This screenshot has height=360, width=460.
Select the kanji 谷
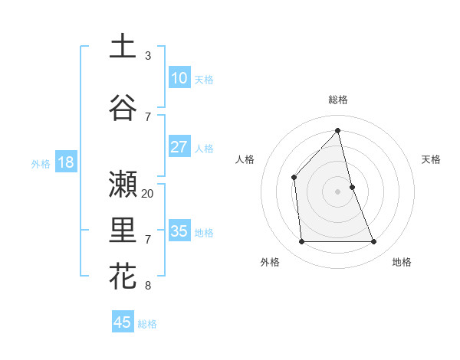pyautogui.click(x=123, y=108)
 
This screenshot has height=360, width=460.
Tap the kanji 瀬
pyautogui.click(x=123, y=185)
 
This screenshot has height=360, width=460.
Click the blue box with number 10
pyautogui.click(x=179, y=77)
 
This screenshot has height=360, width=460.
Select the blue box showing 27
pyautogui.click(x=179, y=147)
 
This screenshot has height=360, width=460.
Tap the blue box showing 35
pyautogui.click(x=179, y=231)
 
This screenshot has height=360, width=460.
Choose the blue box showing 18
pyautogui.click(x=65, y=162)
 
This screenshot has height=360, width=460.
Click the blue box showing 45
pyautogui.click(x=123, y=322)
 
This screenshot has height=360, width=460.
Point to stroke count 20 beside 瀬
pyautogui.click(x=148, y=194)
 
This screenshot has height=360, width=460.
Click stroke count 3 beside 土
pyautogui.click(x=148, y=56)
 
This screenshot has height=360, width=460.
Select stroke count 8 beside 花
pyautogui.click(x=148, y=286)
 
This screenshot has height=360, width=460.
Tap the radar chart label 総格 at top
pyautogui.click(x=338, y=100)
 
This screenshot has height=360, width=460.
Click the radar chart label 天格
pyautogui.click(x=431, y=159)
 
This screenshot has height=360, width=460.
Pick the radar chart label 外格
pyautogui.click(x=270, y=262)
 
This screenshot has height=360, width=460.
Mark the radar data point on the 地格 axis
pyautogui.click(x=374, y=242)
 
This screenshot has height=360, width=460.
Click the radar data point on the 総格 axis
pyautogui.click(x=338, y=130)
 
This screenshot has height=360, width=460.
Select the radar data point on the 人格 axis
pyautogui.click(x=294, y=177)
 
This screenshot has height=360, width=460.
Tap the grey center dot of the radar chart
pyautogui.click(x=338, y=191)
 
